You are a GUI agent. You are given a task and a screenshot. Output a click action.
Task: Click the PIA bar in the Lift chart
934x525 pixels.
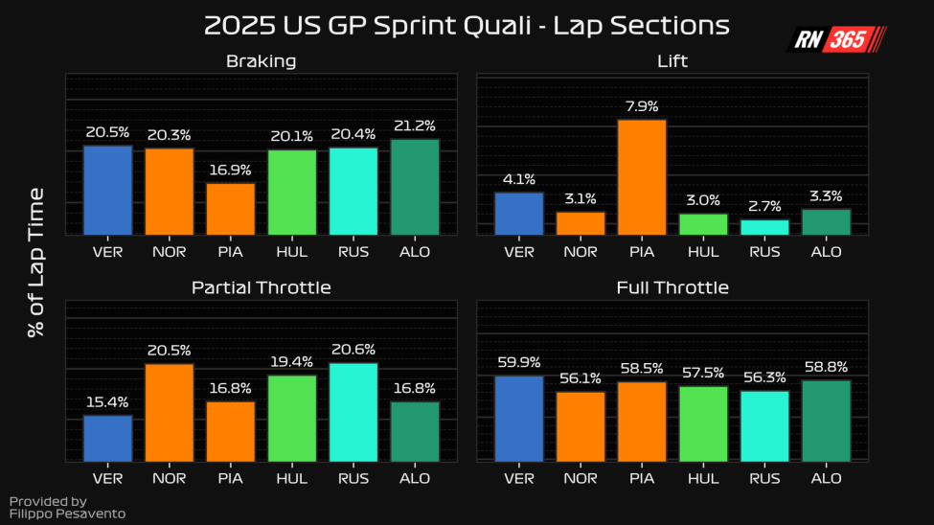[x=642, y=177]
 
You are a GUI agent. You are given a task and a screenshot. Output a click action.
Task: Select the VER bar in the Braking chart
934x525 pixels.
[x=107, y=190]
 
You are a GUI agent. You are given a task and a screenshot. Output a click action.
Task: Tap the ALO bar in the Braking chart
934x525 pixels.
[x=415, y=187]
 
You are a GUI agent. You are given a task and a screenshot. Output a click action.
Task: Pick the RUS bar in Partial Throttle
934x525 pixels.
[x=353, y=412]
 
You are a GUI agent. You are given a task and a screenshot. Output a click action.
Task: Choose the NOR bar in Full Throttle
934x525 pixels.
[x=581, y=426]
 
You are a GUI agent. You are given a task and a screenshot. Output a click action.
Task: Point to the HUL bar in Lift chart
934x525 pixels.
[x=703, y=224]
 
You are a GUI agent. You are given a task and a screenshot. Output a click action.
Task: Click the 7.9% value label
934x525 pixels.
[x=642, y=106]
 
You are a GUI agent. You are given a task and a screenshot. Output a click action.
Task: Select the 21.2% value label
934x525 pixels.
[x=415, y=126]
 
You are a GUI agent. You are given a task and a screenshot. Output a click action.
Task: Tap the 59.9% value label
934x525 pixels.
[x=519, y=362]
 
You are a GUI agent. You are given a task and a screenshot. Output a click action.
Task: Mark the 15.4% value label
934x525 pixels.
[x=107, y=401]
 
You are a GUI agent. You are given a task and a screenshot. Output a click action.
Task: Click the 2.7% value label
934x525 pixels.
[x=764, y=206]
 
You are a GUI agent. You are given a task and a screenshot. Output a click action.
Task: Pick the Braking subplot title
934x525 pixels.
[x=261, y=61]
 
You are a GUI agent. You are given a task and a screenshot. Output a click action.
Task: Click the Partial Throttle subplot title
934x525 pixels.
[x=261, y=287]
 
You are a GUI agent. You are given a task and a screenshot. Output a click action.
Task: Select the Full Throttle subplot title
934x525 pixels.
[x=672, y=287]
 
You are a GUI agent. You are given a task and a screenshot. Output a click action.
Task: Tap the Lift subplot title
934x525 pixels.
[x=672, y=61]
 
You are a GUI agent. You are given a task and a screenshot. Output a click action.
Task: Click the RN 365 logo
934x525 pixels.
[x=836, y=39]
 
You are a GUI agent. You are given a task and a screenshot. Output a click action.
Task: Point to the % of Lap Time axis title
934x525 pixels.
[x=36, y=262]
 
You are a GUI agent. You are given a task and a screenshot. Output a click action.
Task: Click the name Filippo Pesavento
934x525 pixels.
[x=67, y=514]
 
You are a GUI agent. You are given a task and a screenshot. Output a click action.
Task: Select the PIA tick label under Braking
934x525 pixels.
[x=230, y=252]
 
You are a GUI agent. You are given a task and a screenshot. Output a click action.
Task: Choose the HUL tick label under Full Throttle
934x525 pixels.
[x=703, y=478]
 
